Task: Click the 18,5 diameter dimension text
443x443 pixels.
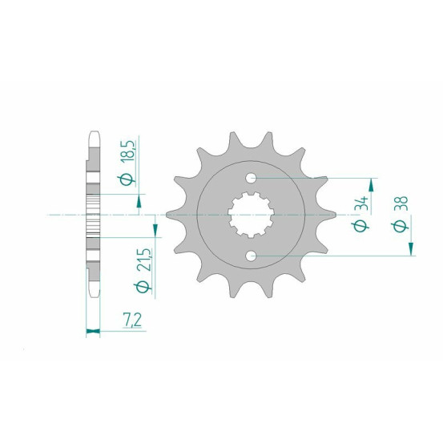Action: point(128,151)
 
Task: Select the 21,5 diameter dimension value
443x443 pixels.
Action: point(143,260)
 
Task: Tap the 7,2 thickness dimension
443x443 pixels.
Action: point(132,320)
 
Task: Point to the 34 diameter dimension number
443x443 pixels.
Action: point(362,203)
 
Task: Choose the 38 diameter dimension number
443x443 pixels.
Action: point(401,203)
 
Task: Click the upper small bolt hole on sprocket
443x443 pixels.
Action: point(251,179)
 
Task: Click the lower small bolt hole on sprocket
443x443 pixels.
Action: point(251,256)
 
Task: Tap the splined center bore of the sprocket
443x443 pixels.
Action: point(251,215)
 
